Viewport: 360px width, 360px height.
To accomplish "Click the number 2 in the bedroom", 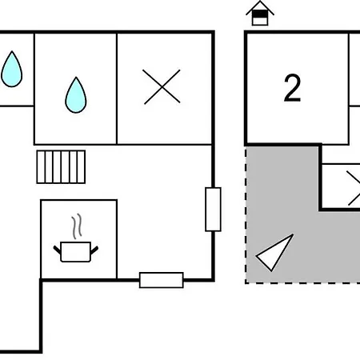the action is (x=293, y=88).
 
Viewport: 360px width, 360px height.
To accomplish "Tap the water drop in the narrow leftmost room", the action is (x=11, y=69).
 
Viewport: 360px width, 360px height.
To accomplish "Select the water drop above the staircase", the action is (x=76, y=95).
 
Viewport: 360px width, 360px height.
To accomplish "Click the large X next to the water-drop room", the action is (x=162, y=86).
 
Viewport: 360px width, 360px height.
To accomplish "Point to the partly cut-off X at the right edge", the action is (x=354, y=188).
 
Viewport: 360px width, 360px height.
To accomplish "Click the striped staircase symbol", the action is (x=61, y=167).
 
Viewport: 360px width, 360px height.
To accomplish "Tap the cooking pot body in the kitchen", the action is (x=76, y=252).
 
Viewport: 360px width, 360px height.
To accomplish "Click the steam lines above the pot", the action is (x=77, y=226).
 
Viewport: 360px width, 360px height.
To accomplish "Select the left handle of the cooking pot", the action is (x=57, y=250).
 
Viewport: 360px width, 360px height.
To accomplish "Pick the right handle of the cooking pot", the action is (x=94, y=250).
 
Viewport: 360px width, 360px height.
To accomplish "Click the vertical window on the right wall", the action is (x=213, y=210).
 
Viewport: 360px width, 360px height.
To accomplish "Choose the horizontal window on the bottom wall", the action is (x=162, y=280).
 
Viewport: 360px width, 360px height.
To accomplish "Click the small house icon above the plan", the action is (x=260, y=14).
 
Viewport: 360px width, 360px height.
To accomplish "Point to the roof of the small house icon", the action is (x=260, y=6).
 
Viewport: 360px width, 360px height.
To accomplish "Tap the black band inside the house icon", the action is (x=260, y=14).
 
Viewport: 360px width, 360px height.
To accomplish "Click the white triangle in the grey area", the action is (x=274, y=253).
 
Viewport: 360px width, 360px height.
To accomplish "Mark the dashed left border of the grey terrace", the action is (x=246, y=214).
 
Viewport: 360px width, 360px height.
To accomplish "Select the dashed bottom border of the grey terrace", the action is (x=302, y=282).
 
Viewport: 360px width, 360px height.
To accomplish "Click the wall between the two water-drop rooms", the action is (x=34, y=88).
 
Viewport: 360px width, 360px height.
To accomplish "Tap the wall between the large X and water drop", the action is (x=117, y=88).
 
